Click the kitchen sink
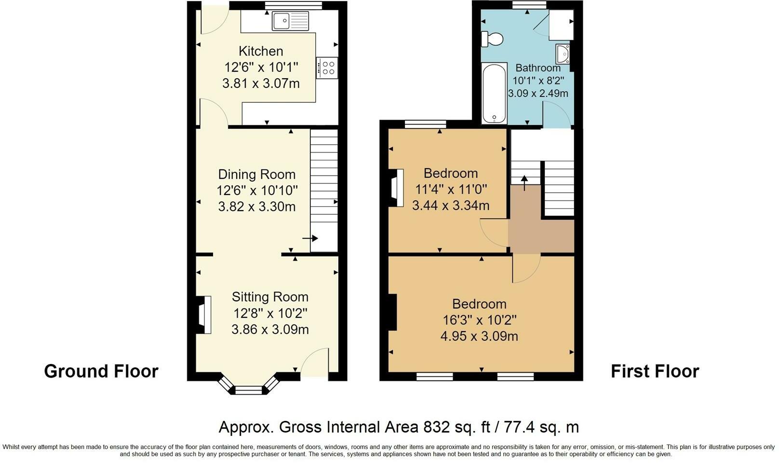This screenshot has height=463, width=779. (x=290, y=21)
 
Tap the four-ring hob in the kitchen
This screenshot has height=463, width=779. (x=327, y=68)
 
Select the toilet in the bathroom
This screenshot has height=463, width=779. (x=492, y=39)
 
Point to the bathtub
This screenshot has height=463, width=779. (x=494, y=93)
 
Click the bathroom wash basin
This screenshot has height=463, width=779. (x=563, y=54)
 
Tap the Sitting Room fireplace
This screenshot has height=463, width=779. (x=204, y=315)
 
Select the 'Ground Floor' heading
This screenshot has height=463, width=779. (x=101, y=371)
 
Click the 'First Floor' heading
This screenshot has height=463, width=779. (x=655, y=371)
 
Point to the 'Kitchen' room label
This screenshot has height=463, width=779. (x=261, y=51)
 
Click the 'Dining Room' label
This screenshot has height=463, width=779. (x=256, y=174)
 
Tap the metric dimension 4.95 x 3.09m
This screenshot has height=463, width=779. (x=479, y=336)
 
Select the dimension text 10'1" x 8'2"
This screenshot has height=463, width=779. (x=538, y=81)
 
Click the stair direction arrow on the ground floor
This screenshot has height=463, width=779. (x=310, y=239)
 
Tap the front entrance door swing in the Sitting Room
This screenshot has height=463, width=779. (x=315, y=362)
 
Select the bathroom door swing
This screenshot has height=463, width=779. (x=556, y=114)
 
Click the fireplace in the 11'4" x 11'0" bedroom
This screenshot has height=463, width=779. (x=396, y=188)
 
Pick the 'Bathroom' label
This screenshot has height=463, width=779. (x=538, y=68)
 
